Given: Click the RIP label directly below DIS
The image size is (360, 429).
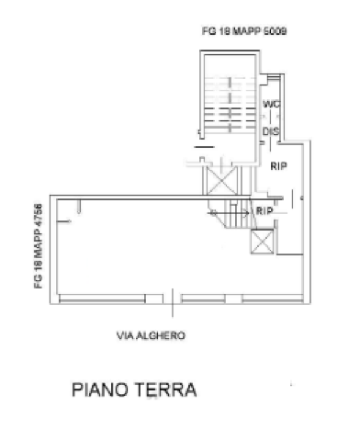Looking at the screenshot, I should point(278,166).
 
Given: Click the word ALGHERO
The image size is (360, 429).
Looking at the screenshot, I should point(167,335).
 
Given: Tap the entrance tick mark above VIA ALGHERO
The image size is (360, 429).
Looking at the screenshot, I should point(173,299).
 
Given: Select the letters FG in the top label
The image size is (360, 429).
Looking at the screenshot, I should point(208,32).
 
